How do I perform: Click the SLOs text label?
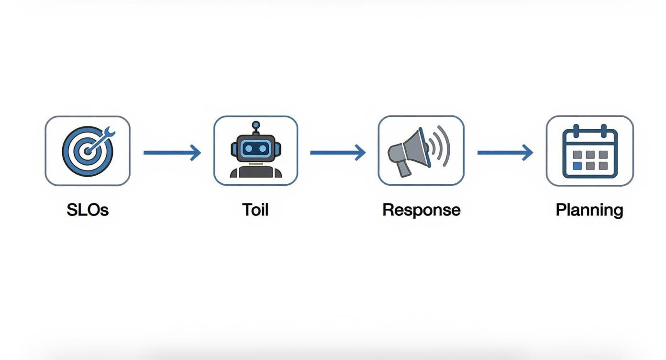click(x=88, y=210)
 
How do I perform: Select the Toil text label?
click(x=255, y=210)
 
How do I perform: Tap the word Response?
click(x=421, y=210)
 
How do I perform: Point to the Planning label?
click(x=589, y=210)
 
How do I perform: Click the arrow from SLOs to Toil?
click(x=172, y=153)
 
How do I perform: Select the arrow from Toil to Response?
click(x=338, y=153)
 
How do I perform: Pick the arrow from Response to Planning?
click(x=505, y=153)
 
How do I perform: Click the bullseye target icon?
click(x=87, y=151)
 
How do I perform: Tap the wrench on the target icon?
click(x=106, y=134)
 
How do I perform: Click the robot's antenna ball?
click(x=256, y=125)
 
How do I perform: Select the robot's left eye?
click(x=249, y=148)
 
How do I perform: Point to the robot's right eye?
click(x=263, y=148)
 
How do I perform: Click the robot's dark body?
click(x=255, y=172)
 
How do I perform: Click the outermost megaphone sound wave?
click(x=446, y=146)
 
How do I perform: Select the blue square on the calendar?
click(x=577, y=166)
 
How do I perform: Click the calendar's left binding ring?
click(x=576, y=130)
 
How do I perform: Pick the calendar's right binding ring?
click(x=604, y=130)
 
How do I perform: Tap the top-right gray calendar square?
click(x=603, y=155)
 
